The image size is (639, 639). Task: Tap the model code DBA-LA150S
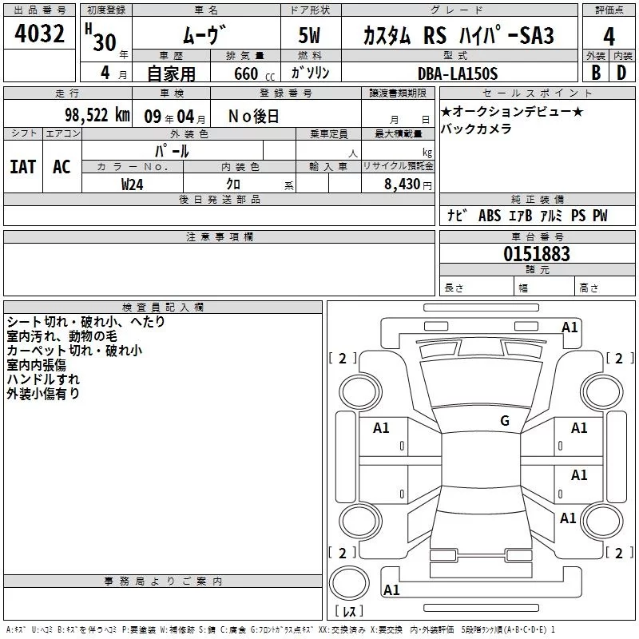pyautogui.click(x=458, y=73)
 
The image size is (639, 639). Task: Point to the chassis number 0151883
pyautogui.click(x=537, y=254)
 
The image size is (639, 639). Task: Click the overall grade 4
pyautogui.click(x=609, y=37)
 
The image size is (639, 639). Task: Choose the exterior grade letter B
pyautogui.click(x=595, y=73)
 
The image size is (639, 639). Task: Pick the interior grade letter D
pyautogui.click(x=621, y=73)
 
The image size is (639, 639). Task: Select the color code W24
pyautogui.click(x=133, y=184)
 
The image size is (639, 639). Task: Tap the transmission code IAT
pyautogui.click(x=22, y=167)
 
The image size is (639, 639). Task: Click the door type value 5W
pyautogui.click(x=311, y=37)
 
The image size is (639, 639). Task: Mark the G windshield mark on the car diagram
pyautogui.click(x=504, y=421)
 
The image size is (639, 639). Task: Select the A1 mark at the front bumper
pyautogui.click(x=570, y=327)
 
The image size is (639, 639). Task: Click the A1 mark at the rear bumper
pyautogui.click(x=391, y=590)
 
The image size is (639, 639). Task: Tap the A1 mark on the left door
pyautogui.click(x=382, y=428)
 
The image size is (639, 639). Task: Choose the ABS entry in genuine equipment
pyautogui.click(x=489, y=216)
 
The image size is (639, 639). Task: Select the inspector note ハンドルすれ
pyautogui.click(x=43, y=379)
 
